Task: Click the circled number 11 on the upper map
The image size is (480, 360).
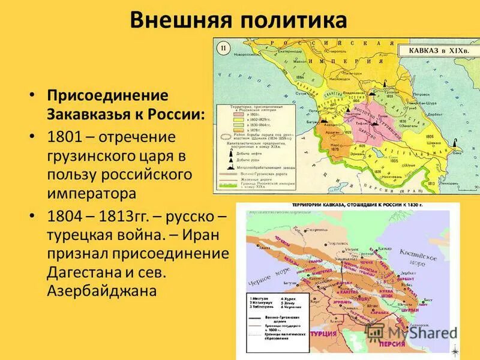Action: click(223, 48)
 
